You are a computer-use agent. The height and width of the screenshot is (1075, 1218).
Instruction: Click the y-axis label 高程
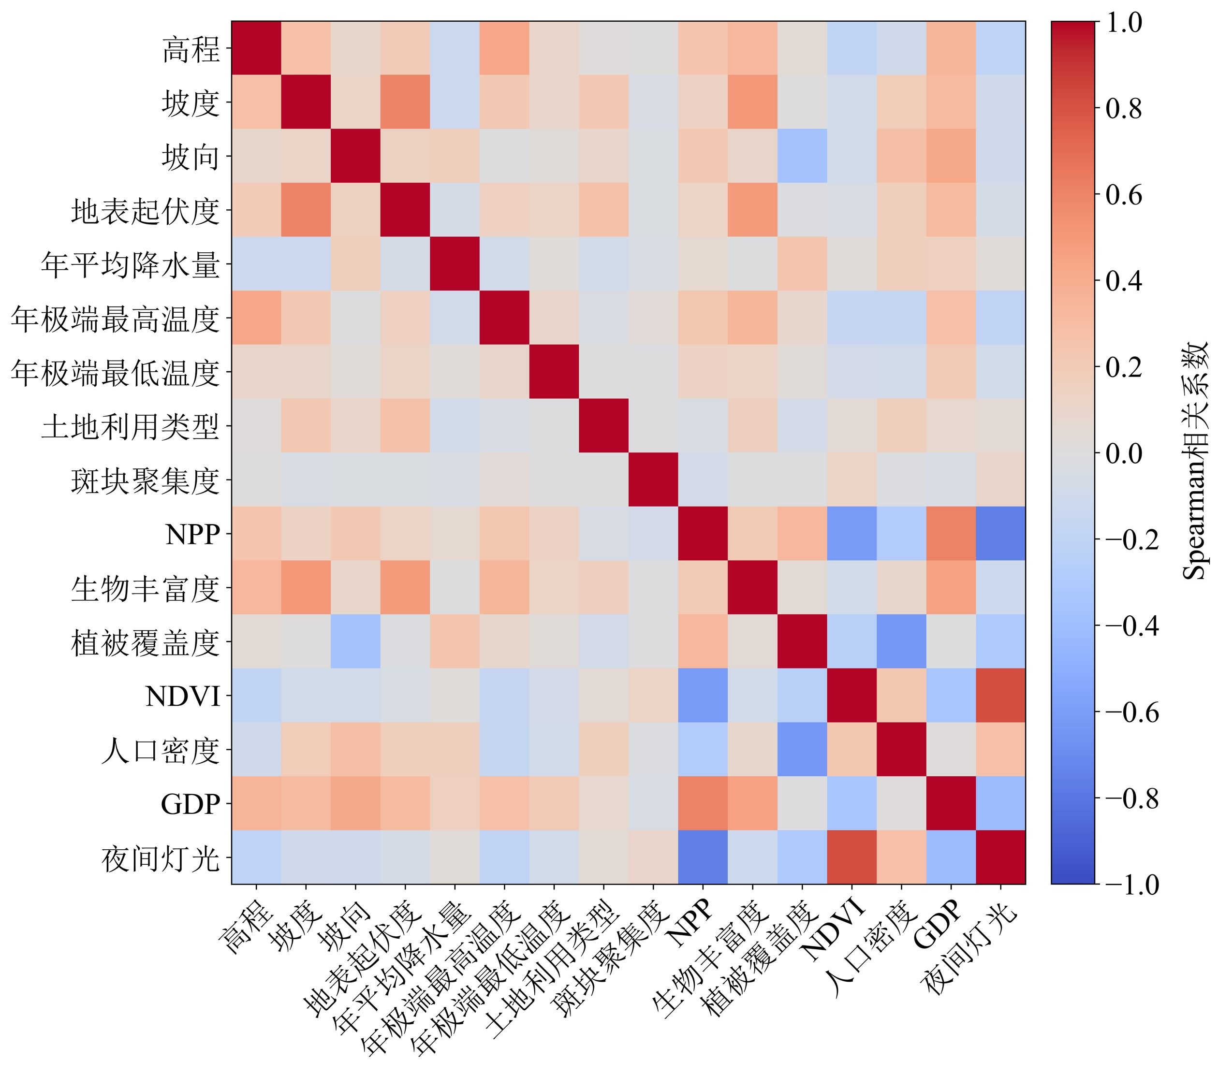(191, 49)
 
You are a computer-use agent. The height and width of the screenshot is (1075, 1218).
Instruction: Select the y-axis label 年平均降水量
(131, 265)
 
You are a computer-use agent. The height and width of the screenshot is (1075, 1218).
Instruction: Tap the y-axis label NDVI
(183, 696)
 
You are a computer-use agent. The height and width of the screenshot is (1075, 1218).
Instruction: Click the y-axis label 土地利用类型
(131, 427)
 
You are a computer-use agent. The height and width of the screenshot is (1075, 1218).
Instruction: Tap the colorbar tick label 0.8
(1124, 109)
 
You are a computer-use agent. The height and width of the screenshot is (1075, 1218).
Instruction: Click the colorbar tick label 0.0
(1124, 454)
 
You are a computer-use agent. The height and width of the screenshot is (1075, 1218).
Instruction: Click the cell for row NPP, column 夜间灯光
(1000, 534)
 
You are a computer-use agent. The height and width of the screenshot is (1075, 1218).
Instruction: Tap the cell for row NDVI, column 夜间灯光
(1000, 695)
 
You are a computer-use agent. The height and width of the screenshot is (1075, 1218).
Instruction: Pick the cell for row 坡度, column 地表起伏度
(405, 102)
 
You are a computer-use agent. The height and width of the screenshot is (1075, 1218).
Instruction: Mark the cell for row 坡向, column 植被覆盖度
(802, 156)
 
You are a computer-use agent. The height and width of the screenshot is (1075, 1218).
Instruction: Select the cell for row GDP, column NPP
(703, 803)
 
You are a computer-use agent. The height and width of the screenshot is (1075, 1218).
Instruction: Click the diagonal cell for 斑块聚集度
(653, 479)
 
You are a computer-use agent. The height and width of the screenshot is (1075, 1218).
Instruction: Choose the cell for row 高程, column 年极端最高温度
(504, 48)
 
